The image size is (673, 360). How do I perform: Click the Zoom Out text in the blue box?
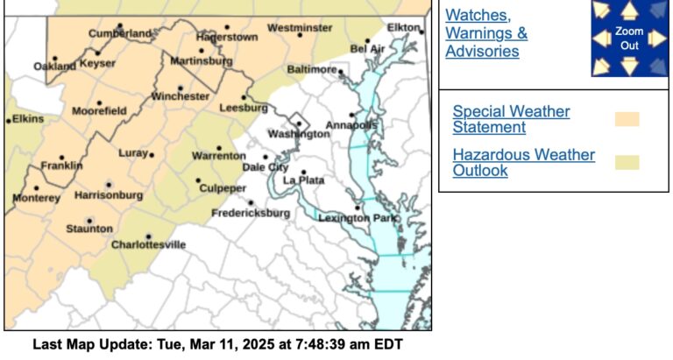click(x=629, y=37)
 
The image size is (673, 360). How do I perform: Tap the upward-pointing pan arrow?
click(x=629, y=11)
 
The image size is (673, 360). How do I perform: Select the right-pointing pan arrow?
click(x=657, y=38)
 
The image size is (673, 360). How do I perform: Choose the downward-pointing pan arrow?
click(x=629, y=65)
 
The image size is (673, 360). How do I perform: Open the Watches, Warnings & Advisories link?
click(x=486, y=33)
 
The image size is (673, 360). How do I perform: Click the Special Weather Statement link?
click(x=511, y=119)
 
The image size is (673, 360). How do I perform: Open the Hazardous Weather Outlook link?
click(x=523, y=162)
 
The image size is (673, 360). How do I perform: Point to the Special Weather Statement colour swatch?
click(x=627, y=119)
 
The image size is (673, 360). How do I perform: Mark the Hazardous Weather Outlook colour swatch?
click(x=627, y=162)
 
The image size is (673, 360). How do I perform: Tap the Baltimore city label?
click(x=311, y=68)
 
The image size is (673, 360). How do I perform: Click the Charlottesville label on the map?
click(x=148, y=244)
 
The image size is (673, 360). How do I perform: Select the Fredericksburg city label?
click(x=251, y=213)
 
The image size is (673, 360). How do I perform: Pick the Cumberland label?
click(x=120, y=33)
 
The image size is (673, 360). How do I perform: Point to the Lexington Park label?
click(x=346, y=216)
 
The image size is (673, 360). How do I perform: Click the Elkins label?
click(x=28, y=118)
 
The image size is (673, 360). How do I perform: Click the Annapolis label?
click(x=351, y=125)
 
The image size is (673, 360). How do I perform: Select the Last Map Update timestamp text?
click(x=217, y=344)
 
